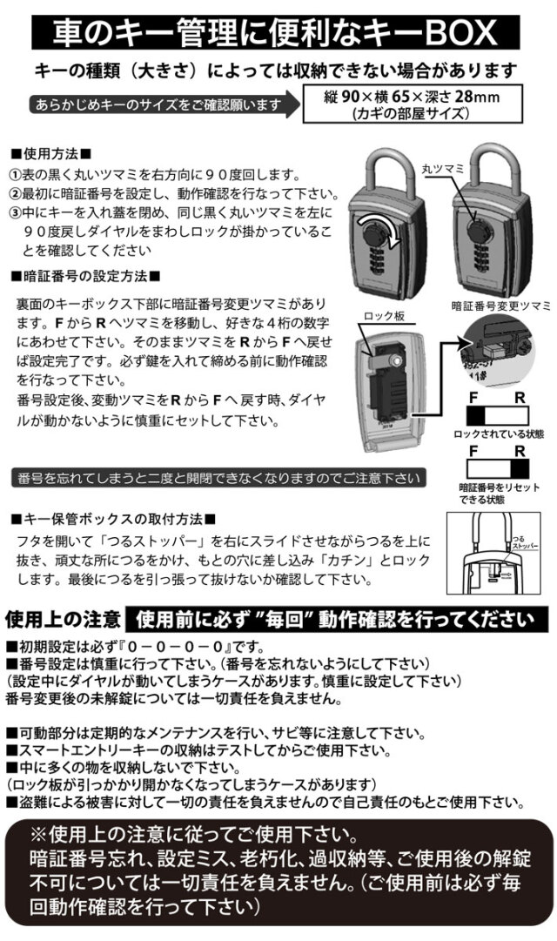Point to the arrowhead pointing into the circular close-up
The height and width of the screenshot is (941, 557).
(x=460, y=346)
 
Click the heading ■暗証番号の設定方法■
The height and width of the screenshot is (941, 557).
(x=84, y=275)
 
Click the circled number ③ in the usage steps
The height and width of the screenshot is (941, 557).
(x=15, y=212)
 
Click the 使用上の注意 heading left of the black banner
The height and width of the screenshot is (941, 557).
(x=62, y=619)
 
